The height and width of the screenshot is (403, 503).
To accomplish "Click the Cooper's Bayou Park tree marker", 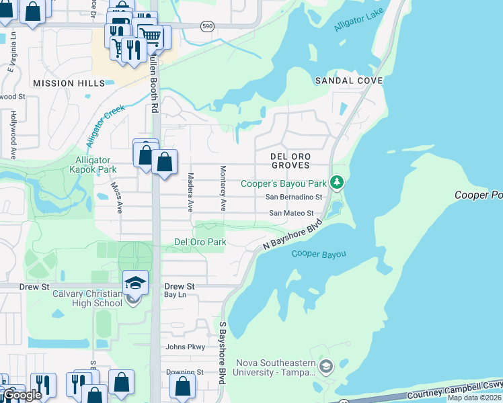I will [338, 183].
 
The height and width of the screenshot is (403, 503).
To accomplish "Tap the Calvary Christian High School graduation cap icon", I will [135, 283].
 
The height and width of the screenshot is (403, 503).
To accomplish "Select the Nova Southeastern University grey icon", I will [326, 367].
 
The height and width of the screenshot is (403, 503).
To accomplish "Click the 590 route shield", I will [207, 26].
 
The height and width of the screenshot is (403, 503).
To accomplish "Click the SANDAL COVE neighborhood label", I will [349, 81].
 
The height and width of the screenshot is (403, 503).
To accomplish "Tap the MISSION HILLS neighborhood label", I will [69, 83].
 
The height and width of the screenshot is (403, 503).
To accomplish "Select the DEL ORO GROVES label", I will [290, 160].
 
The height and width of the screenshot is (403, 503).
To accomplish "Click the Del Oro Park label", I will [200, 242].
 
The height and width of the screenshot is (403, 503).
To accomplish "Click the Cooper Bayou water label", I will [319, 254].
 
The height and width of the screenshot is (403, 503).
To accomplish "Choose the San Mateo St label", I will [291, 214].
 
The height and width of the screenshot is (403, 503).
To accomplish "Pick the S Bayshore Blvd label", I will [222, 352].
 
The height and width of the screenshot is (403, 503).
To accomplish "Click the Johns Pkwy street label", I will [185, 347].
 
